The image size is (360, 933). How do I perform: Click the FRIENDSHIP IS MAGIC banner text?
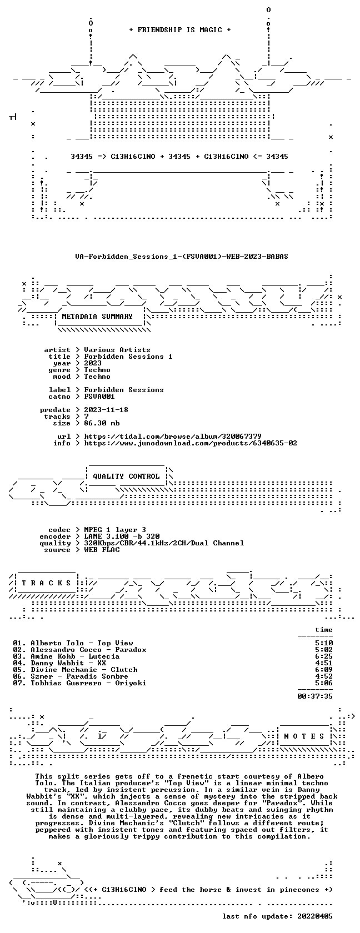tap(180, 30)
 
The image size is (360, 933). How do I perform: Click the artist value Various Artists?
tap(117, 350)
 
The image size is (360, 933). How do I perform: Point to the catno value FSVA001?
tap(99, 397)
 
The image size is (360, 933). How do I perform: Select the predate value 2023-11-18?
tap(106, 410)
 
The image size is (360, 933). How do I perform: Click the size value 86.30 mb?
tap(102, 423)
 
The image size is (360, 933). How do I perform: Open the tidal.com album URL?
tap(173, 437)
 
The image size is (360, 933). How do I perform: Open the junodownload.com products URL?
tap(191, 443)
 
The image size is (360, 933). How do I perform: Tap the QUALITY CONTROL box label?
tap(126, 476)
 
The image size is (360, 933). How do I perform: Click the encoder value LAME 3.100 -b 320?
tap(122, 536)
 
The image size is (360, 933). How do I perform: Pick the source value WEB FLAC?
tap(102, 550)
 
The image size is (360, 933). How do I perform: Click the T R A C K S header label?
tap(46, 583)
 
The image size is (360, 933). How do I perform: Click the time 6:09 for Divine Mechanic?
tap(324, 670)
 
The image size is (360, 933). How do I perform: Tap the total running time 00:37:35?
tap(315, 696)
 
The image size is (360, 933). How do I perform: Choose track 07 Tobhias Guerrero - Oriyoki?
tap(88, 683)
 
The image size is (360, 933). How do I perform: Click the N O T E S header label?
tap(304, 736)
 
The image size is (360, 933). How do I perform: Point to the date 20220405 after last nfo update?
tap(315, 916)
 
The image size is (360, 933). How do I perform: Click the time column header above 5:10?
tap(324, 630)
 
